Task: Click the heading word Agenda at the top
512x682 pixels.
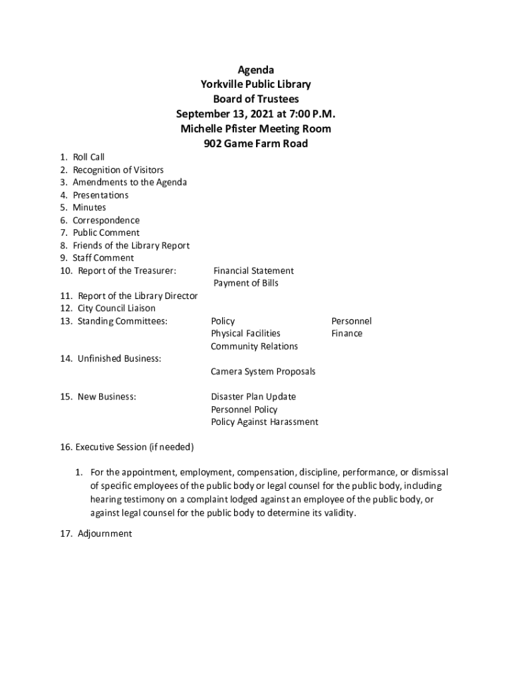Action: (x=256, y=70)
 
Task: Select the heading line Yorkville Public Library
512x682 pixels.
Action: (x=256, y=85)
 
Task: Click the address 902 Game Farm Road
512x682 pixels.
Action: (x=256, y=143)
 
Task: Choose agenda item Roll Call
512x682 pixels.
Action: (x=88, y=157)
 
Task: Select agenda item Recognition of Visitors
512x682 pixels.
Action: (x=118, y=170)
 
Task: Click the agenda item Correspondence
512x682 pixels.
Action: (x=106, y=220)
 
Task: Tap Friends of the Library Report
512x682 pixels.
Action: (x=131, y=245)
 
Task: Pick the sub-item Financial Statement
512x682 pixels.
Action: (x=253, y=270)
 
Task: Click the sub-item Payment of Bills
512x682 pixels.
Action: (x=246, y=283)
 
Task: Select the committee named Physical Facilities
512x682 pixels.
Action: (x=245, y=333)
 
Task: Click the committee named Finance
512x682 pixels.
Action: (x=346, y=333)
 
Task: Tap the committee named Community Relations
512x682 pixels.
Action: (x=254, y=346)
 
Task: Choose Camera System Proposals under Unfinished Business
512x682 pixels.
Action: (x=263, y=371)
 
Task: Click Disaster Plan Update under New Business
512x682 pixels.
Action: (x=253, y=396)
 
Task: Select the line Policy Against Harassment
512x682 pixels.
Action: (x=265, y=422)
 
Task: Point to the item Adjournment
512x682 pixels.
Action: (x=104, y=533)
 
